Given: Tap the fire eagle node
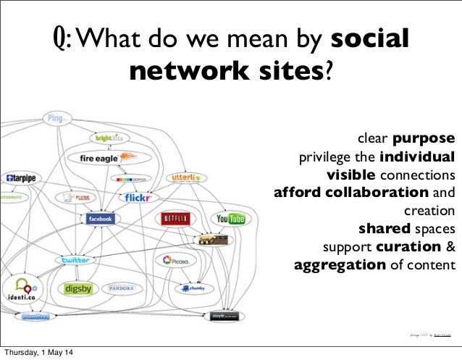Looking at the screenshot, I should (x=101, y=157).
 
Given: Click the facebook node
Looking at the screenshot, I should (x=99, y=219).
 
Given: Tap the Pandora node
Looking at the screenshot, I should (x=120, y=288).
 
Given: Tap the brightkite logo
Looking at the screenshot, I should (x=111, y=137).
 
